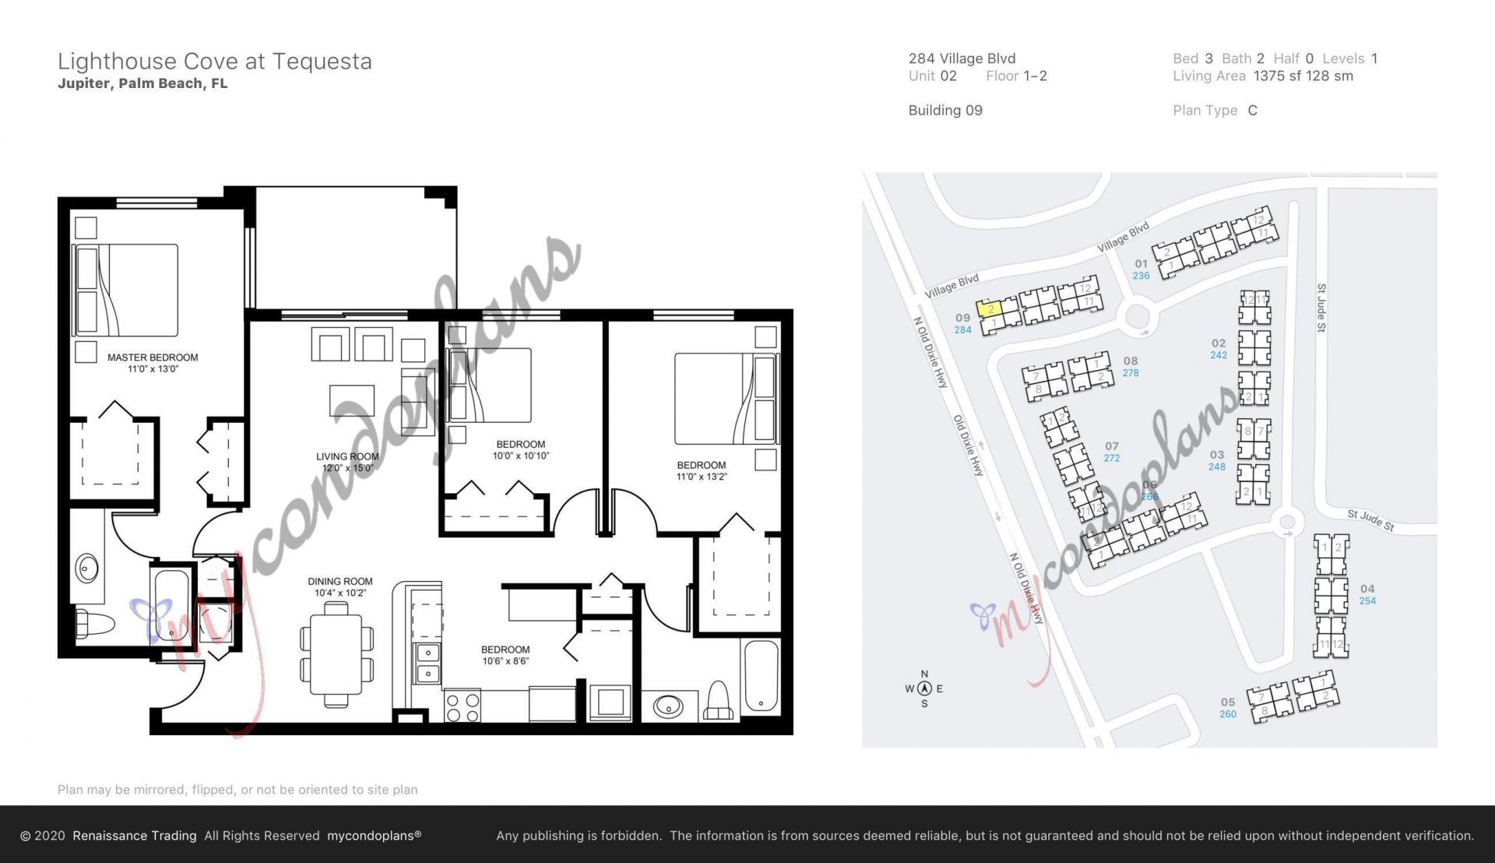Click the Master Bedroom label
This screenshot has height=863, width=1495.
point(153,362)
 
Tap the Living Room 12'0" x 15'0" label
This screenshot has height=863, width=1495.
point(347,462)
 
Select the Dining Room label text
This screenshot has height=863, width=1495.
point(340,586)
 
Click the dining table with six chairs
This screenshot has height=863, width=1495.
point(336,654)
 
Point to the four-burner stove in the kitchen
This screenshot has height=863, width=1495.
point(462,706)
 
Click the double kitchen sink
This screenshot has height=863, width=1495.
point(427,663)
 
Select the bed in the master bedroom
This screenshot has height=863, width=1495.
point(126,290)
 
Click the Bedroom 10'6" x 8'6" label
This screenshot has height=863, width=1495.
point(505,655)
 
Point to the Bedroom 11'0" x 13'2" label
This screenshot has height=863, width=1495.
point(701,470)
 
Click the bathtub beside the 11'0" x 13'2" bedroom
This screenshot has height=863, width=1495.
point(761,676)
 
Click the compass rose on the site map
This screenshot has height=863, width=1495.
point(924,689)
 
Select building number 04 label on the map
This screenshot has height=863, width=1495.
point(1367,589)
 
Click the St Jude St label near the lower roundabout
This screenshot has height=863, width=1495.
point(1370,520)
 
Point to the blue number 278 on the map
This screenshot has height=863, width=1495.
point(1131,373)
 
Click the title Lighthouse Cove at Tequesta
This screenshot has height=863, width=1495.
point(215,62)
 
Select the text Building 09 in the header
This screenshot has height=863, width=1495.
point(945,111)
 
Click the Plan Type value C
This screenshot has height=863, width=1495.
point(1252,111)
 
